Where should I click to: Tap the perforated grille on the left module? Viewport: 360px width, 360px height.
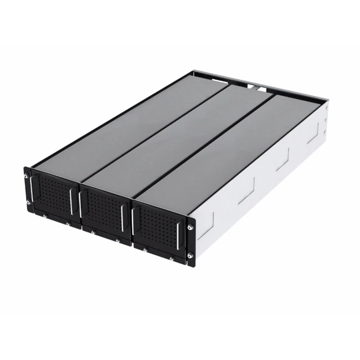point(54,194)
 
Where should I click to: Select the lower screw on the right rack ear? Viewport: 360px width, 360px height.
point(190,255)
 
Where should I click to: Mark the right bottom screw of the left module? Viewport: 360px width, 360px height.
point(68,224)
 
